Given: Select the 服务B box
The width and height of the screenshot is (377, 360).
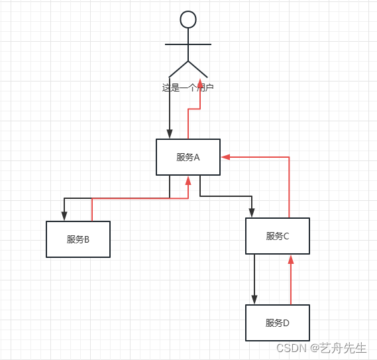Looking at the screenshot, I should point(78,239).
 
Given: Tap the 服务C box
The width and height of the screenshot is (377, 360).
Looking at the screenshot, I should point(277,236).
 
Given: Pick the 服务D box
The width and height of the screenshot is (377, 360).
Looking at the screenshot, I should point(277,323).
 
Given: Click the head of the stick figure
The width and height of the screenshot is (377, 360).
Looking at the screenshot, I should point(188,19).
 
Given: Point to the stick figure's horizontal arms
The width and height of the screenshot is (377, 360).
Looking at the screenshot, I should point(188,44).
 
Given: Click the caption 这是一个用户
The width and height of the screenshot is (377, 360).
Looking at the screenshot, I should point(188,88).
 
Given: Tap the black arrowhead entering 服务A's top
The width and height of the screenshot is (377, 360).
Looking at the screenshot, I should point(170,134).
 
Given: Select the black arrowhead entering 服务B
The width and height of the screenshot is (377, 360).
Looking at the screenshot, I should point(64,215).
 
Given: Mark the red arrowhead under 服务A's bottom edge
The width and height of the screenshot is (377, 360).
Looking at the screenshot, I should point(188,180).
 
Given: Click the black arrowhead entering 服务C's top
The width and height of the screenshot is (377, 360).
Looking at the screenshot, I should point(252,213).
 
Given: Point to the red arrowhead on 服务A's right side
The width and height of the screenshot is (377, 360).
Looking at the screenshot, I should point(226,157).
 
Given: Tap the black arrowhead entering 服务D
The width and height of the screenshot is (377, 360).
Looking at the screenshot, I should point(254,300).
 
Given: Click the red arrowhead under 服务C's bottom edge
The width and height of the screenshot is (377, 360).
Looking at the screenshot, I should point(290,259).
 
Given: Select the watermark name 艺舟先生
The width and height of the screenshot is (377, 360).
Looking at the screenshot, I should point(344,348).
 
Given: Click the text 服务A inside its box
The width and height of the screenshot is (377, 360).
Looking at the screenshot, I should point(188,157).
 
